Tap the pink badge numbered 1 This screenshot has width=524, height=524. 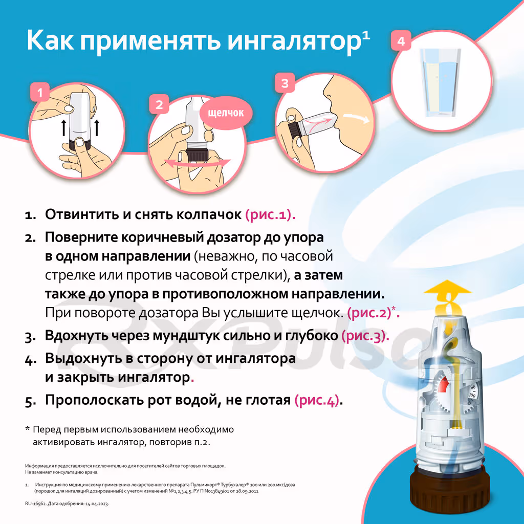40,92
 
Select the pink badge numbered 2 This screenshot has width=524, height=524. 159,104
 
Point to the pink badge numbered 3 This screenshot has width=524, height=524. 285,83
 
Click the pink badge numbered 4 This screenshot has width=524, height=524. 401,41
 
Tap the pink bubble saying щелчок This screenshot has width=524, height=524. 226,113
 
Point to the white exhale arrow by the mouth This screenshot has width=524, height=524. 357,118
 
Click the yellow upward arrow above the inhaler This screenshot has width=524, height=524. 447,297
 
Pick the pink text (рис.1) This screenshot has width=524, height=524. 270,214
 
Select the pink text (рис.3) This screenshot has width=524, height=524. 365,336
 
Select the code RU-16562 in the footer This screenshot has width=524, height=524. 35,504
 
